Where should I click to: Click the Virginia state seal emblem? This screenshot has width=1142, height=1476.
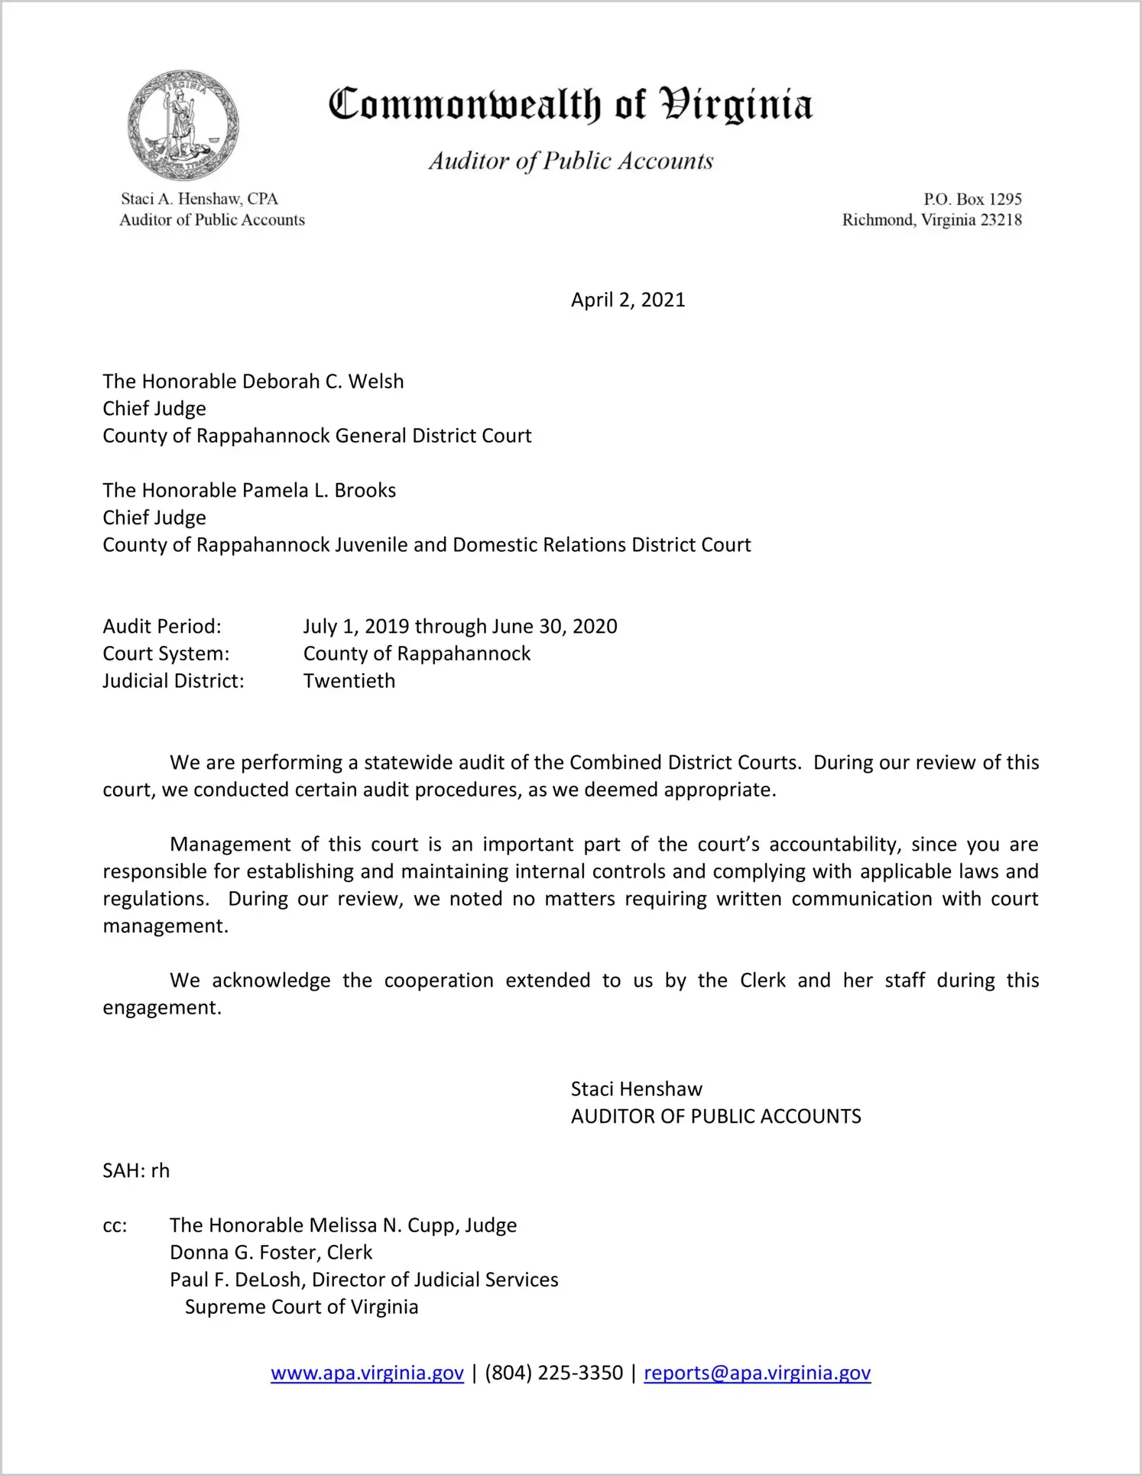click(x=183, y=125)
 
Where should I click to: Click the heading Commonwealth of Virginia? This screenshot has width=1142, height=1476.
click(x=569, y=105)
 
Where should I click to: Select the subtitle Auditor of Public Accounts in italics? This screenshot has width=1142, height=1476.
click(x=570, y=161)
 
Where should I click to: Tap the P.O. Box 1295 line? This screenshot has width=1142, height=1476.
click(x=972, y=200)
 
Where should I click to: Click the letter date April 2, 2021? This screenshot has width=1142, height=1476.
click(x=628, y=300)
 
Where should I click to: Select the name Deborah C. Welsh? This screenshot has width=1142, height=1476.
click(x=312, y=381)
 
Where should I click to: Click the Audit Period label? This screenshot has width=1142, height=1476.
click(x=162, y=627)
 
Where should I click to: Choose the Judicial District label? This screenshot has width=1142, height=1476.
click(x=174, y=681)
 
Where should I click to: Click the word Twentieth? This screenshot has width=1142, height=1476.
click(x=349, y=681)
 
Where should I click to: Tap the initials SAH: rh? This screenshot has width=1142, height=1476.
click(x=136, y=1171)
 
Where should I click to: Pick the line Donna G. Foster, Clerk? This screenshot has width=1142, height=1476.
click(x=271, y=1253)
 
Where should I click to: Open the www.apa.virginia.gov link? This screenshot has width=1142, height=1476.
click(x=367, y=1373)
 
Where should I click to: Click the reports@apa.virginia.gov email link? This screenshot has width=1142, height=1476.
click(x=757, y=1373)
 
